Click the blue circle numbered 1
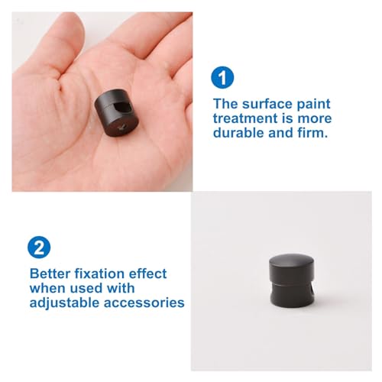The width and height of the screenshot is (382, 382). coord(222,77)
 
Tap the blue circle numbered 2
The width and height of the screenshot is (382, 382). coord(39,248)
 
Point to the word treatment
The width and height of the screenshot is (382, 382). coord(245,118)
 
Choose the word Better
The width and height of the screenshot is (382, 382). coord(50,274)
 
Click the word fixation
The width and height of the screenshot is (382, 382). coord(99,274)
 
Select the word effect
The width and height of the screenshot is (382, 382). coord(147,274)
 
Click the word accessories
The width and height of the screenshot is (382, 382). coord(144,303)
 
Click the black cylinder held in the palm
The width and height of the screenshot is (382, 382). coord(116,112)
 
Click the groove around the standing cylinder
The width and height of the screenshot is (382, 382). coord(292,284)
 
